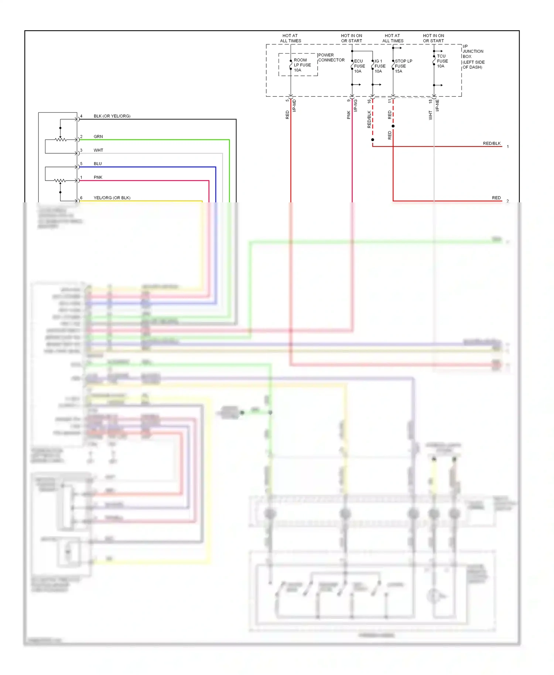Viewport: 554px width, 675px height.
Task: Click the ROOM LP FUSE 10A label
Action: (x=302, y=65)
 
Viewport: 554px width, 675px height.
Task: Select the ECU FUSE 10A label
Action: (x=359, y=66)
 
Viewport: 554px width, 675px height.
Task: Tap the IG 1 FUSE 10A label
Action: (x=380, y=66)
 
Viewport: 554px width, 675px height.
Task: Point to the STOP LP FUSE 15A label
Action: (x=403, y=66)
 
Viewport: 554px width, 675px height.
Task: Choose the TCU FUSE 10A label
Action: (x=442, y=61)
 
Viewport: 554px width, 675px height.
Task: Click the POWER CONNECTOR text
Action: (x=331, y=58)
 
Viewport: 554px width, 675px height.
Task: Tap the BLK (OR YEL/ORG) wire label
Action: (x=112, y=116)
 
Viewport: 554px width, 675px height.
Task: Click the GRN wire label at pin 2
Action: (x=98, y=137)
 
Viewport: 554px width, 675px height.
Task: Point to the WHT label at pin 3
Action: (x=98, y=150)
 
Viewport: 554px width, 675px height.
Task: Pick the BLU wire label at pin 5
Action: (x=98, y=164)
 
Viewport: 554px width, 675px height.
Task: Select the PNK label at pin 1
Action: (x=98, y=177)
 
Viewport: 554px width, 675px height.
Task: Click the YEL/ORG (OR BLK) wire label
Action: (x=112, y=198)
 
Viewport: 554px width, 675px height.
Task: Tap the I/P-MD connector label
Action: (x=294, y=106)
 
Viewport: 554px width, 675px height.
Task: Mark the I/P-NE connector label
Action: (x=437, y=105)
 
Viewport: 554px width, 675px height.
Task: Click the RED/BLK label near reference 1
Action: (x=492, y=143)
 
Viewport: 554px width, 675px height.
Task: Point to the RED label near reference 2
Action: (x=496, y=198)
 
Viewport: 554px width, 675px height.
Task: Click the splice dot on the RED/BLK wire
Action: (x=373, y=140)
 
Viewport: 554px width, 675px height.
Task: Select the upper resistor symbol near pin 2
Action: (x=61, y=140)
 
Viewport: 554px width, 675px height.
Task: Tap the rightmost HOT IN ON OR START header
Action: (x=433, y=38)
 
